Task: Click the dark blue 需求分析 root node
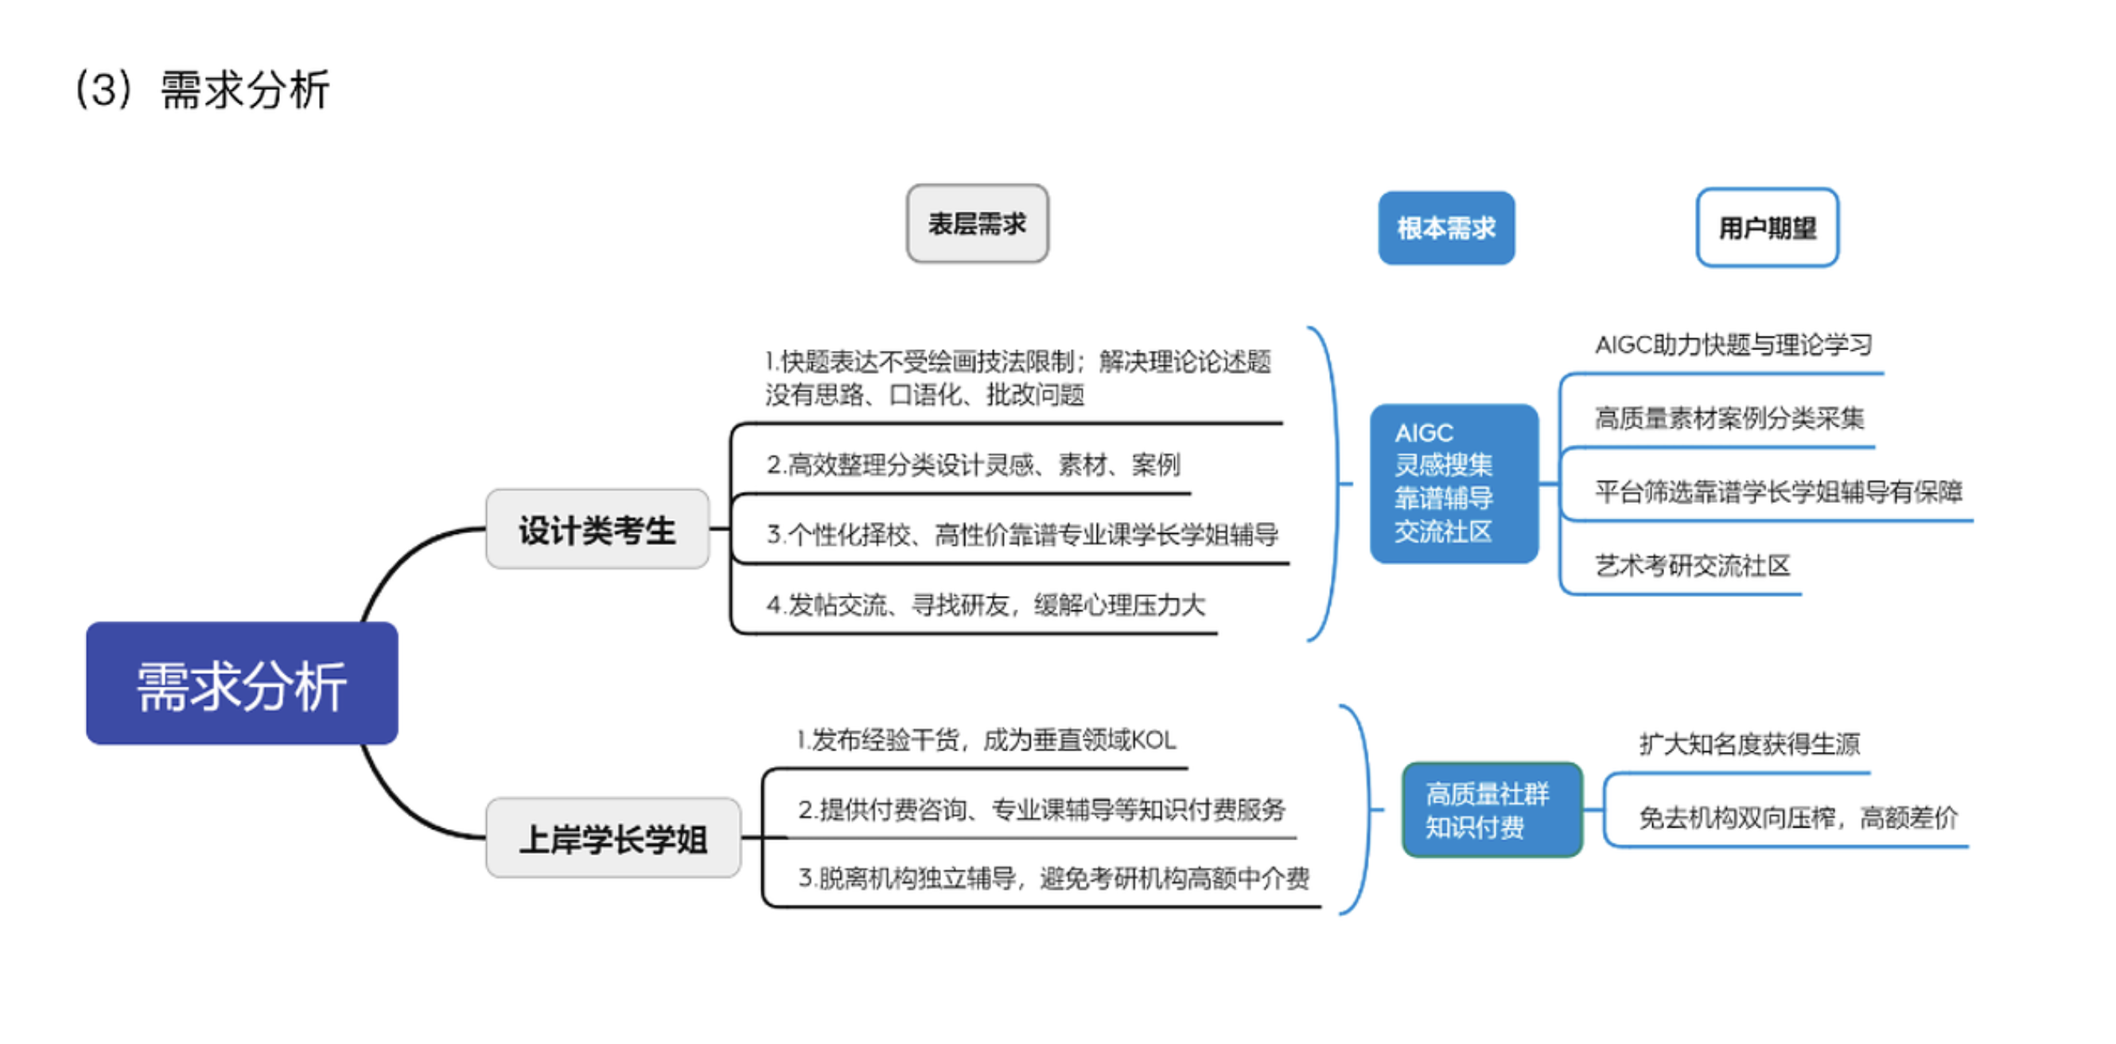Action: (x=242, y=684)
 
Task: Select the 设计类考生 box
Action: (x=597, y=530)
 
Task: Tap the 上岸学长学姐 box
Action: (x=613, y=839)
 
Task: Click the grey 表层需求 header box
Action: (x=977, y=224)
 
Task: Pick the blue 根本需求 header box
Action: (x=1445, y=228)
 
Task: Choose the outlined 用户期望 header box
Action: (x=1767, y=228)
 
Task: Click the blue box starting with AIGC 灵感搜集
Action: (x=1453, y=483)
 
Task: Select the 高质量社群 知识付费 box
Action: (x=1491, y=810)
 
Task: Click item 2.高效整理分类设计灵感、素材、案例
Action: (x=974, y=465)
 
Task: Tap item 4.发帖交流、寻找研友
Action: (x=986, y=606)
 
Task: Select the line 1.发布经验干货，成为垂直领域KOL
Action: (x=986, y=740)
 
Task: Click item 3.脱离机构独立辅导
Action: (x=1054, y=878)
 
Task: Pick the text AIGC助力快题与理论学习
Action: (x=1733, y=345)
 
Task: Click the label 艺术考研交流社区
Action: (x=1692, y=565)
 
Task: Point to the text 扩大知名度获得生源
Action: (x=1749, y=743)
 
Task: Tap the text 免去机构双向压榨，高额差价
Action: (x=1798, y=817)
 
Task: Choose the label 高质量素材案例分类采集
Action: (x=1729, y=418)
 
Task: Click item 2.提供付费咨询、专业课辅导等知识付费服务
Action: (x=1041, y=810)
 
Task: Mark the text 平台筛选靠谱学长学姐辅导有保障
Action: (x=1779, y=491)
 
